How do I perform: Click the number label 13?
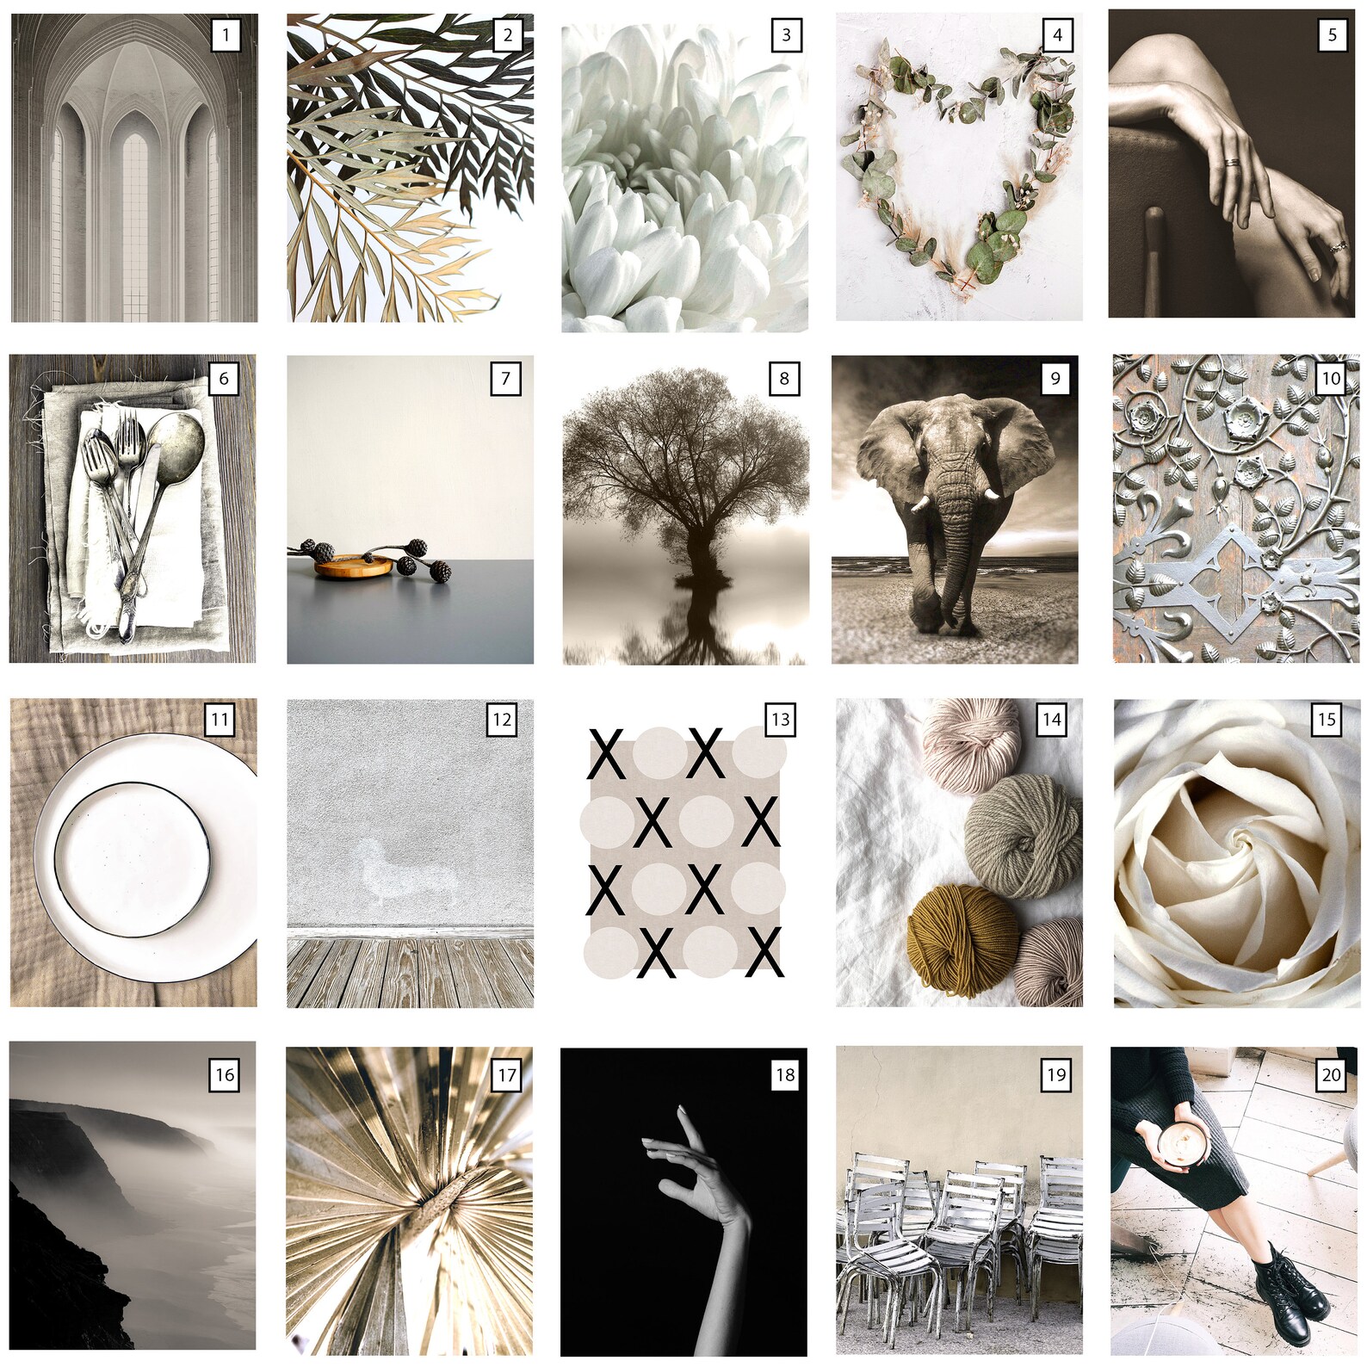point(780,720)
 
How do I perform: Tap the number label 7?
point(505,378)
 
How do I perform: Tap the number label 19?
point(1056,1074)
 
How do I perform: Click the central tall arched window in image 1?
point(135,224)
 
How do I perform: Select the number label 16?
point(225,1074)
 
